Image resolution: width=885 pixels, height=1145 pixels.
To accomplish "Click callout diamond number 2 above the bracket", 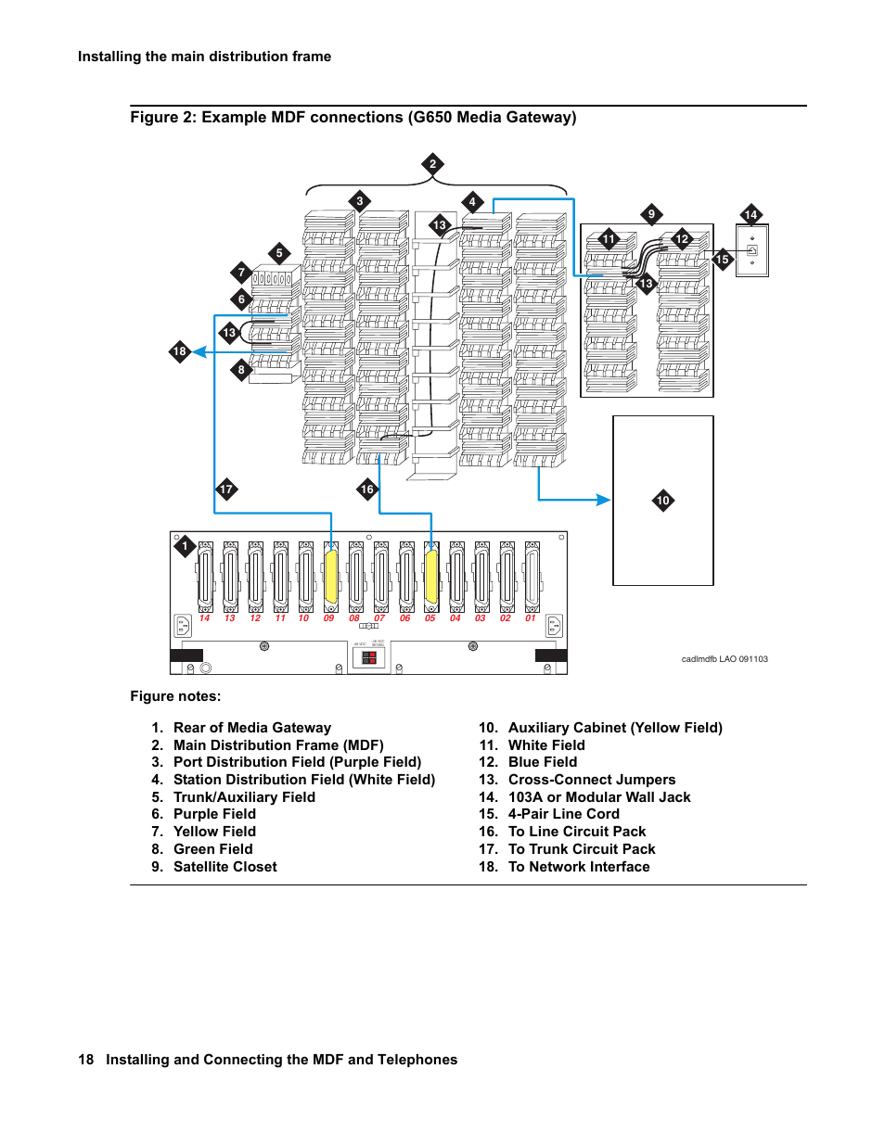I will tap(432, 164).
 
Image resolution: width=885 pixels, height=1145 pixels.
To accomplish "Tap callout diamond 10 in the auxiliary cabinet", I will tap(663, 501).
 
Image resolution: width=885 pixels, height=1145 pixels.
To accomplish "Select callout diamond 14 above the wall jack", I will tap(750, 214).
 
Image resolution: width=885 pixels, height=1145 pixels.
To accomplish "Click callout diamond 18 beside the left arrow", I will tap(180, 351).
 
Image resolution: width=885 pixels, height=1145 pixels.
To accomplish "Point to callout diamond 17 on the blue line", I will tap(226, 490).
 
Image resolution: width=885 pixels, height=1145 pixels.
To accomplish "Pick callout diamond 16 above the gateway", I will tap(367, 490).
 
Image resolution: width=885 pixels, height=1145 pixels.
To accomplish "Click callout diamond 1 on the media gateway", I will tap(185, 546).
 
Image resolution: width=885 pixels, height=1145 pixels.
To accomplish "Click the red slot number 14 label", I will tap(205, 618).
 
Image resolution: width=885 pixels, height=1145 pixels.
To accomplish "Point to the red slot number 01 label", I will tap(531, 618).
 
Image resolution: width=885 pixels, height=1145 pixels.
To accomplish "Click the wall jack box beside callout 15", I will tap(751, 250).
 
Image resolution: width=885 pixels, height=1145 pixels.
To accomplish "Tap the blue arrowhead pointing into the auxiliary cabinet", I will tap(604, 500).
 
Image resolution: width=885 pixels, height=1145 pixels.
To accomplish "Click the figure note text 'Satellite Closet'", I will tap(225, 867).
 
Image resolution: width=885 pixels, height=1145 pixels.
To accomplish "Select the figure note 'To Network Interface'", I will tap(579, 867).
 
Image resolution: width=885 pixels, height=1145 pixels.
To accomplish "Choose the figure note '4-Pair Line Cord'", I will tap(564, 814).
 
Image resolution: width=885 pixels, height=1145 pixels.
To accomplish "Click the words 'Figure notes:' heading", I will tap(175, 696).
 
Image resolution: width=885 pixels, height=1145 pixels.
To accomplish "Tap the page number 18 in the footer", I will tap(85, 1060).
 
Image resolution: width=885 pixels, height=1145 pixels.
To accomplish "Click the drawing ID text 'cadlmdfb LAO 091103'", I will tap(725, 659).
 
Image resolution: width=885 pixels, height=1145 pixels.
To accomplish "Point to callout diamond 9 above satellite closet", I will tap(651, 214).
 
